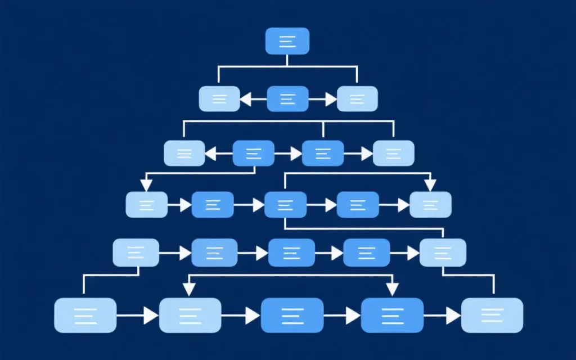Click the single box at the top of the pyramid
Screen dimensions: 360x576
click(287, 41)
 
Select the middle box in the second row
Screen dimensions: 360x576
click(287, 99)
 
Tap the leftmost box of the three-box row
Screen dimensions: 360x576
click(220, 99)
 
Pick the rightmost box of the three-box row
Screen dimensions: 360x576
click(357, 99)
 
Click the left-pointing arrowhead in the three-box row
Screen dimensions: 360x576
click(245, 100)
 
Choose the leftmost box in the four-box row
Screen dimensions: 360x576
click(184, 153)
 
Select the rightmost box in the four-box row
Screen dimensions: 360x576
click(393, 153)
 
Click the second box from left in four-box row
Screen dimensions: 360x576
click(253, 153)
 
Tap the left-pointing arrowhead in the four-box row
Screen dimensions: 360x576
click(210, 152)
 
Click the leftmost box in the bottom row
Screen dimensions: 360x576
click(85, 315)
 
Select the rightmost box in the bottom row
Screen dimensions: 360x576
click(492, 315)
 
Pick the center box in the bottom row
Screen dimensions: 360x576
click(292, 315)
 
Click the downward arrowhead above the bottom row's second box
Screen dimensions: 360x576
click(190, 289)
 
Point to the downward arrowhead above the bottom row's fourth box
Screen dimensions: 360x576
click(391, 289)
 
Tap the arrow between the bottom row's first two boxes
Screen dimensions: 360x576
click(150, 316)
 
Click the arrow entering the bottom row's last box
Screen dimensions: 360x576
click(453, 316)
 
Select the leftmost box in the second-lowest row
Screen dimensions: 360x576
click(136, 253)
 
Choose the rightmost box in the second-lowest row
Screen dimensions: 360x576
click(443, 253)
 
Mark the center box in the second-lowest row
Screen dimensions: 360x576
click(291, 253)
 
